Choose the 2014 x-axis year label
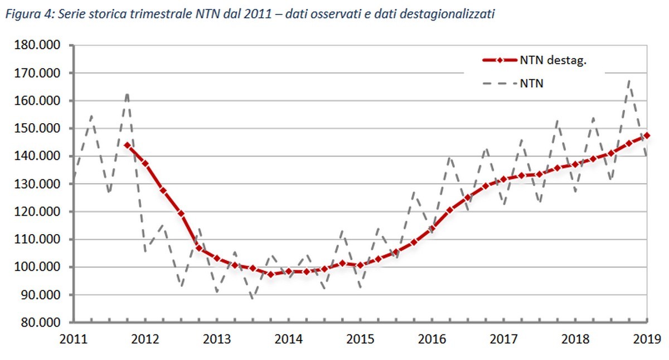point(289,338)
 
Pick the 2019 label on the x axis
point(647,338)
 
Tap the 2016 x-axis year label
point(432,338)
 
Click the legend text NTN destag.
point(553,61)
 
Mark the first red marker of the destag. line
point(128,145)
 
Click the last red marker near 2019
point(647,135)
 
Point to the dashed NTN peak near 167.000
point(629,80)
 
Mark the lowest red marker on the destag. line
point(271,274)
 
